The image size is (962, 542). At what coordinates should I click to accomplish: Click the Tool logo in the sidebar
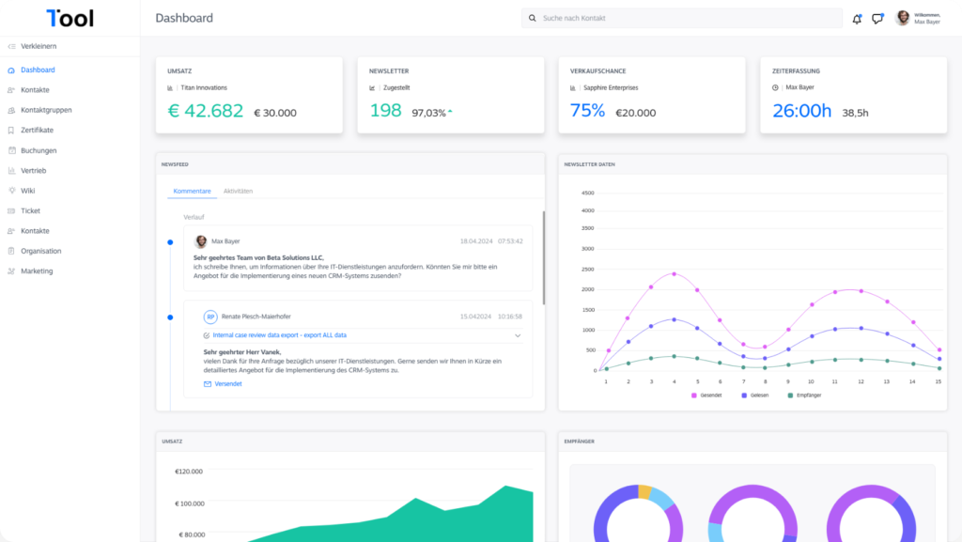pyautogui.click(x=70, y=18)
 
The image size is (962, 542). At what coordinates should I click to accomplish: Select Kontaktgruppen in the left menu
pyautogui.click(x=46, y=110)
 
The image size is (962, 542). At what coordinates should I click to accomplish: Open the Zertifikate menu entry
pyautogui.click(x=37, y=130)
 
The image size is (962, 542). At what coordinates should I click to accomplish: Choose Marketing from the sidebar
pyautogui.click(x=37, y=271)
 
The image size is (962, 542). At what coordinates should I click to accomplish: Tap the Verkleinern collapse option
pyautogui.click(x=39, y=46)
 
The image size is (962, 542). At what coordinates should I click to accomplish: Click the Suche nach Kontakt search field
pyautogui.click(x=682, y=18)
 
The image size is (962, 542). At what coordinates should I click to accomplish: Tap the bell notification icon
pyautogui.click(x=857, y=19)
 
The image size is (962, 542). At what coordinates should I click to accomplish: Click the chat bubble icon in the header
pyautogui.click(x=877, y=19)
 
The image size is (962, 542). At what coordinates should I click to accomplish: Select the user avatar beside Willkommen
pyautogui.click(x=903, y=18)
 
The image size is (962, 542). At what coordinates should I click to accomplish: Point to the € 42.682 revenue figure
pyautogui.click(x=205, y=111)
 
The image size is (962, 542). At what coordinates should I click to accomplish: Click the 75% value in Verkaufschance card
pyautogui.click(x=587, y=111)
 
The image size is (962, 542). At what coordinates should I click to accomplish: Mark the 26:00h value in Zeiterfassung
pyautogui.click(x=801, y=111)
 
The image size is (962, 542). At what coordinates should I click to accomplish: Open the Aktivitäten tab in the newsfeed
pyautogui.click(x=238, y=191)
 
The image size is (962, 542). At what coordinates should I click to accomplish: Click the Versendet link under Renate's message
pyautogui.click(x=228, y=384)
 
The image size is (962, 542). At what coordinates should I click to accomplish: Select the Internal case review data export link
pyautogui.click(x=280, y=334)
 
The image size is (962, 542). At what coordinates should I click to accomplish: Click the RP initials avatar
pyautogui.click(x=210, y=317)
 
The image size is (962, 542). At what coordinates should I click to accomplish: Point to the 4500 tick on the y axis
pyautogui.click(x=588, y=194)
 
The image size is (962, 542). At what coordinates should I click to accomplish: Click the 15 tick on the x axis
pyautogui.click(x=939, y=381)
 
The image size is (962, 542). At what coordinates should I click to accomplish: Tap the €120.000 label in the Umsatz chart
pyautogui.click(x=190, y=472)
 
